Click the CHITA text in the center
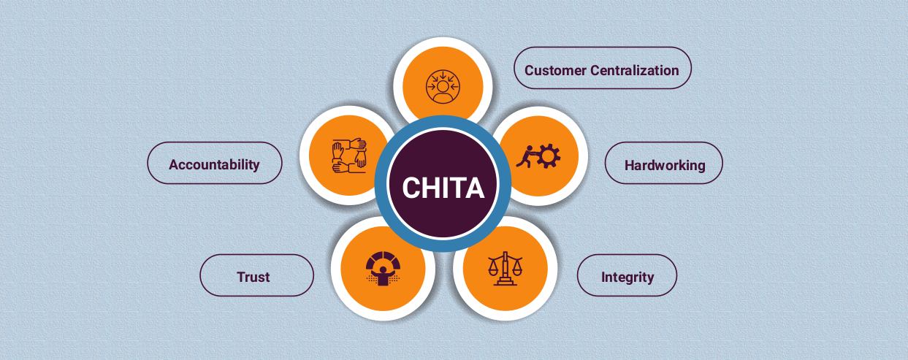pyautogui.click(x=443, y=188)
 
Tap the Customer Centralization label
pyautogui.click(x=602, y=70)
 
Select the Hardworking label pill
pyautogui.click(x=664, y=165)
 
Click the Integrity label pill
pyautogui.click(x=627, y=277)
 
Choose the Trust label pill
pyautogui.click(x=253, y=277)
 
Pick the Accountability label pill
pyautogui.click(x=214, y=164)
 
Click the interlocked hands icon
pyautogui.click(x=349, y=156)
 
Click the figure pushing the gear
pyautogui.click(x=526, y=156)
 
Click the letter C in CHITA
pyautogui.click(x=412, y=188)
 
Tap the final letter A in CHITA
pyautogui.click(x=474, y=188)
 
